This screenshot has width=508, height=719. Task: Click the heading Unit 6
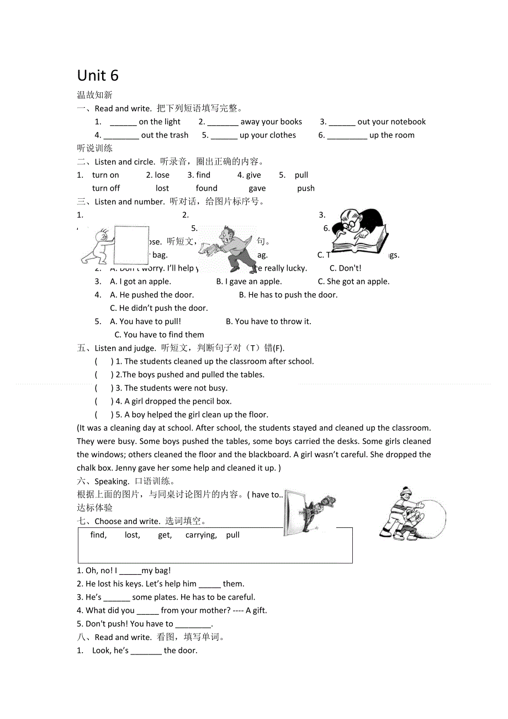coord(98,75)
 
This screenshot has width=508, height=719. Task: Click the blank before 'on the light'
coord(123,122)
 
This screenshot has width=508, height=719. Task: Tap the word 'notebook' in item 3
coord(409,122)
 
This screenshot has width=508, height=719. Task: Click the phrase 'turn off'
coord(106,188)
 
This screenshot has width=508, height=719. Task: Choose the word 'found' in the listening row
coord(207,188)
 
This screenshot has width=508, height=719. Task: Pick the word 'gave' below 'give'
coord(257,188)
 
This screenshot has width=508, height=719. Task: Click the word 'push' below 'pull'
coord(305,188)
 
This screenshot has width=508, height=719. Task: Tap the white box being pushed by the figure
coord(131,245)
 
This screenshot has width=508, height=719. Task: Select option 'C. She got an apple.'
coord(353,282)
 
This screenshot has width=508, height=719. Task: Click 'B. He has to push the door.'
coord(288,295)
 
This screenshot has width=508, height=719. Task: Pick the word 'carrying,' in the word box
coord(201,535)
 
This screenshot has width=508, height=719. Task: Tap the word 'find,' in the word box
coord(98,535)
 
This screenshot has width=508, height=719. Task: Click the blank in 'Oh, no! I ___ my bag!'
coord(130,571)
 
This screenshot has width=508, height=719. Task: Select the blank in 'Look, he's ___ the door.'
coord(146,651)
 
